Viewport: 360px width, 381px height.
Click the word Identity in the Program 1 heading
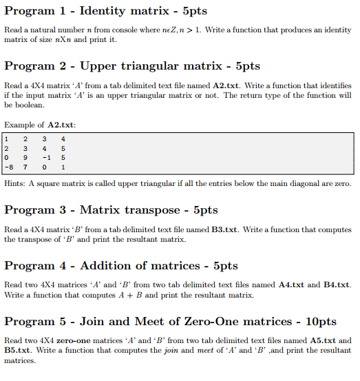(x=104, y=12)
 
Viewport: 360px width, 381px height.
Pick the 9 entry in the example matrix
(x=25, y=156)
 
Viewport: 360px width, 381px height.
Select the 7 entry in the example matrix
(x=25, y=166)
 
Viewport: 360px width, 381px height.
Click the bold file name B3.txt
(x=224, y=229)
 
